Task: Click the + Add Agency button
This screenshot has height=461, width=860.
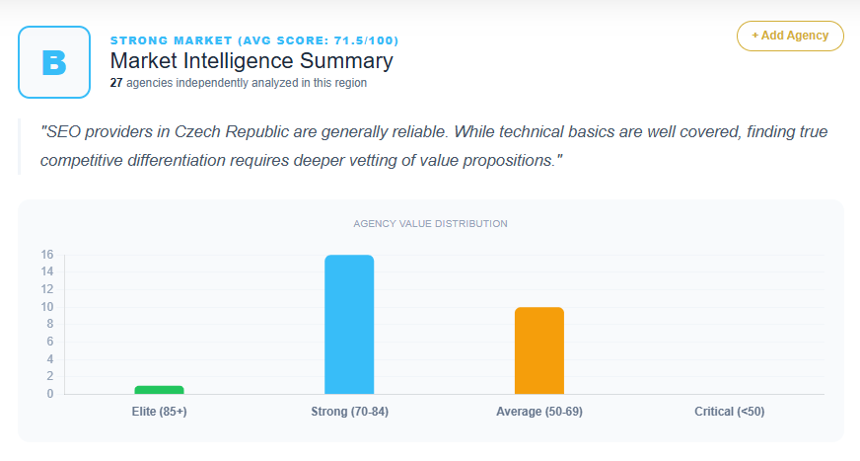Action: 790,36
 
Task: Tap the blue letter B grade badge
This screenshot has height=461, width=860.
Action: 54,62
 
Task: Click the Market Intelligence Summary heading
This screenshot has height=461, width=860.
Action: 251,61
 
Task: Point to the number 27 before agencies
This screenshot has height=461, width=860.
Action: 116,84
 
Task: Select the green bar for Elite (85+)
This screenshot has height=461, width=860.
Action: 159,390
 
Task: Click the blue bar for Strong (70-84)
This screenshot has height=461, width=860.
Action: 349,325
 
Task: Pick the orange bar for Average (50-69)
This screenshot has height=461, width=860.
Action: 539,350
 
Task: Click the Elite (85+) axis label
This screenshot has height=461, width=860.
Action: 159,411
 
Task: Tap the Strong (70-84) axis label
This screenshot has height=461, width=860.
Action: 349,411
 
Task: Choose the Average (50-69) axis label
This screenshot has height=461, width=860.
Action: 539,411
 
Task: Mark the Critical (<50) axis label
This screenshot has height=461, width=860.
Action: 729,411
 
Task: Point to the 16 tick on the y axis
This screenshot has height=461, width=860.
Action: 46,254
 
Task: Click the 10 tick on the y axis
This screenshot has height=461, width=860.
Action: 46,307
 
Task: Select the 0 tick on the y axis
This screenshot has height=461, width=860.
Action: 49,394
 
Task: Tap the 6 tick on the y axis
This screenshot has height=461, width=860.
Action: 49,342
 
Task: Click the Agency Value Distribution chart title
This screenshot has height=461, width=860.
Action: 430,224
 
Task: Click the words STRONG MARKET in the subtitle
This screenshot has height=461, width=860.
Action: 168,40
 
